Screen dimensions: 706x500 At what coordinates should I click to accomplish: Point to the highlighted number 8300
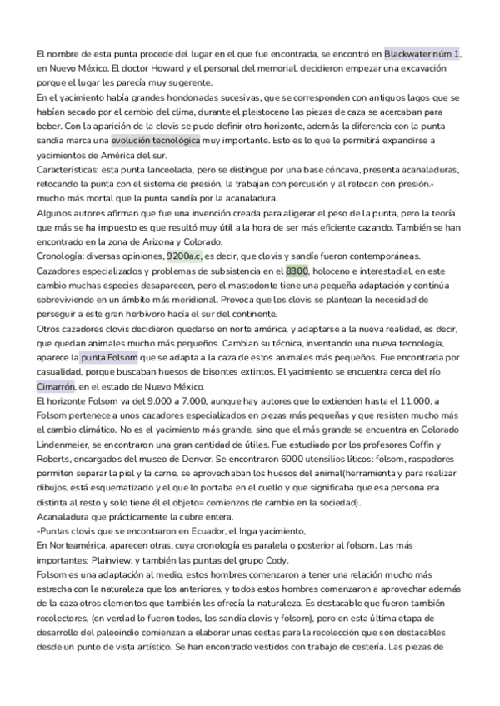[x=297, y=271]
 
